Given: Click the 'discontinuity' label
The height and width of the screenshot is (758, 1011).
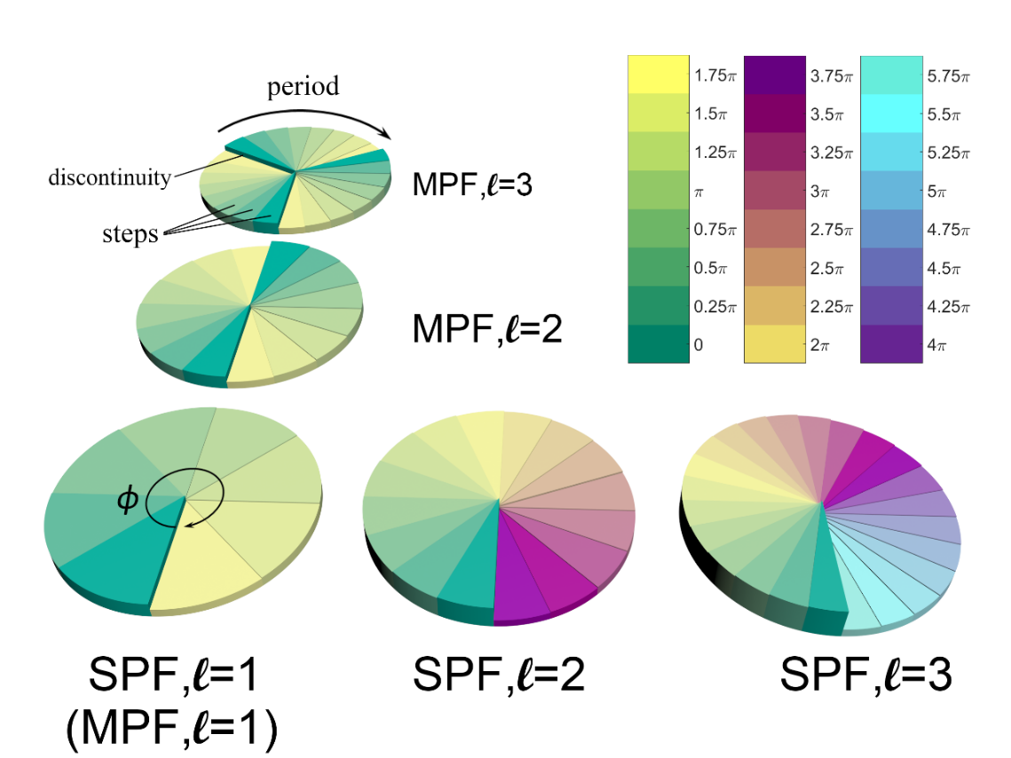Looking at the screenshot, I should (x=109, y=178).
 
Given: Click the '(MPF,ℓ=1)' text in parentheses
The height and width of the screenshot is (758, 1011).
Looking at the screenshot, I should (x=172, y=730).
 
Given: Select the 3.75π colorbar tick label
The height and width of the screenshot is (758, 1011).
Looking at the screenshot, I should (x=831, y=77).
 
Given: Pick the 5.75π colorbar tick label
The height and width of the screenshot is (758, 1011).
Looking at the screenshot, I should (x=948, y=77).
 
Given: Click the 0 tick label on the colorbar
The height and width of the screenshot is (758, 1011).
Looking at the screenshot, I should (x=699, y=344).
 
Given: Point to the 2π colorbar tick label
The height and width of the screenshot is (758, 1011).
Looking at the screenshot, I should (x=819, y=344).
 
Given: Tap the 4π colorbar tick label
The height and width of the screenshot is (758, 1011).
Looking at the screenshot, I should (x=936, y=344).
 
